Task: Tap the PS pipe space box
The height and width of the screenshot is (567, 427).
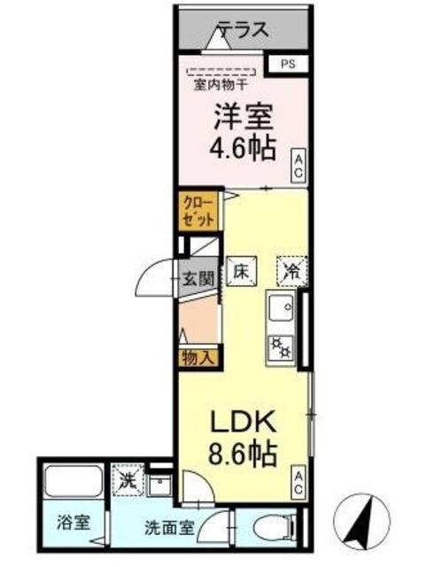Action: pos(289,64)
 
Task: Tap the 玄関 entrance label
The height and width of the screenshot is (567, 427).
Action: pos(198,278)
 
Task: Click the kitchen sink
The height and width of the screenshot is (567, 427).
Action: pos(282,311)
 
